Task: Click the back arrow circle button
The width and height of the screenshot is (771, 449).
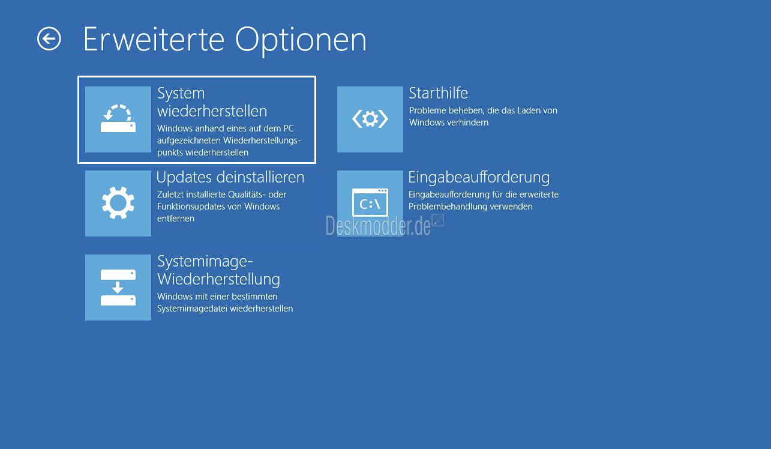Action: click(x=49, y=38)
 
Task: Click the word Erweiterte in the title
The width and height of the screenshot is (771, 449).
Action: click(x=154, y=40)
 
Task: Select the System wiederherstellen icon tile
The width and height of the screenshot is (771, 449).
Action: click(x=118, y=119)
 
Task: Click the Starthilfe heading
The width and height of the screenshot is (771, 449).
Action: click(x=438, y=93)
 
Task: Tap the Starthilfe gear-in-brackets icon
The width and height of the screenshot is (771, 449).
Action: click(x=370, y=119)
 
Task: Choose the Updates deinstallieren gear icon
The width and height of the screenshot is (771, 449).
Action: click(x=118, y=203)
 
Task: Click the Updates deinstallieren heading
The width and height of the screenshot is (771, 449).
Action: click(x=230, y=177)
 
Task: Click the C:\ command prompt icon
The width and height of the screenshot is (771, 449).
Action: click(x=370, y=202)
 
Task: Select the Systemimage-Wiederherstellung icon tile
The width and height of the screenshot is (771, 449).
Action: click(x=118, y=287)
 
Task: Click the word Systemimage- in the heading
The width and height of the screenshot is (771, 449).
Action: click(x=205, y=262)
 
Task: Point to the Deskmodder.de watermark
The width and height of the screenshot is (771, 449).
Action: click(x=378, y=226)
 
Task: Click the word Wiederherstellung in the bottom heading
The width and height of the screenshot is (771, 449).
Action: click(x=218, y=279)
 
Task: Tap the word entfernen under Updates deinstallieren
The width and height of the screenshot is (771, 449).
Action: click(x=176, y=218)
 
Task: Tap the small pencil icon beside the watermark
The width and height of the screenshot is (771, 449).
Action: click(x=438, y=220)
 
